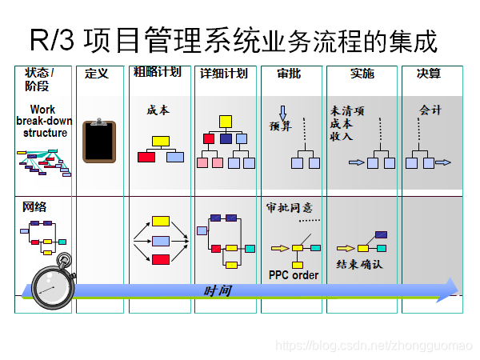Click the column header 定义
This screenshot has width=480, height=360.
[96, 73]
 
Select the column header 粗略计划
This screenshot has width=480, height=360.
[157, 72]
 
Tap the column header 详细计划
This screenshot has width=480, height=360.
[223, 73]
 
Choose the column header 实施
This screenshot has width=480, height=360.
[362, 73]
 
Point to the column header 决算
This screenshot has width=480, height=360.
[428, 73]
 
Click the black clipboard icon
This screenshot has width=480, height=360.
[99, 142]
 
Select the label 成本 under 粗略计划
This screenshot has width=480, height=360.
[158, 110]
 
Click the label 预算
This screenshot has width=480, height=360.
[281, 126]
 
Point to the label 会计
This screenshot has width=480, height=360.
[430, 110]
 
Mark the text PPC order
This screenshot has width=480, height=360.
[293, 275]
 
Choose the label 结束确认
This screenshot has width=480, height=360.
[359, 264]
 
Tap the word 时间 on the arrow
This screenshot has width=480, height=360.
[218, 290]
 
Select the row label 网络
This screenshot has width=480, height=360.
[34, 206]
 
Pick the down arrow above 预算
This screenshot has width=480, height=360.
[282, 113]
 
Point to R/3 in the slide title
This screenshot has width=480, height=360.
[50, 38]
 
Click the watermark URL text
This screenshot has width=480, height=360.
[374, 345]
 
